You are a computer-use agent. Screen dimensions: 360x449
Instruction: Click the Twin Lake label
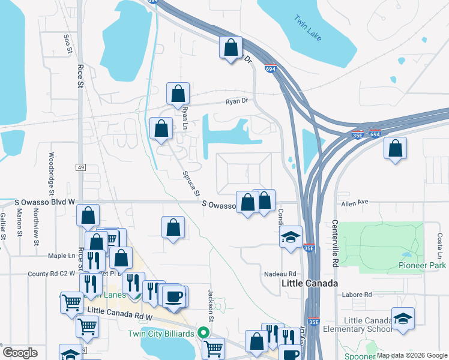(308, 28)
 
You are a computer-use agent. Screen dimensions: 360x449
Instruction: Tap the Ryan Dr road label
(237, 101)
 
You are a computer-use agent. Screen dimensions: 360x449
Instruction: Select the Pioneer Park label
(422, 265)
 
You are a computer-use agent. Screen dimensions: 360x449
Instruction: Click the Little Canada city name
(309, 283)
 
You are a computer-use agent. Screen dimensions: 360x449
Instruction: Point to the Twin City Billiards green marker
(204, 332)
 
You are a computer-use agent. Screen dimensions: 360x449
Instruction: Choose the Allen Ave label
(354, 203)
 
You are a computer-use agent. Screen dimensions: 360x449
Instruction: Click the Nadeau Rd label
(280, 274)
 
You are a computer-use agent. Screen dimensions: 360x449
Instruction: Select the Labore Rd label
(357, 295)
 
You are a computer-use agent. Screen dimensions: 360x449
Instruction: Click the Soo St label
(67, 45)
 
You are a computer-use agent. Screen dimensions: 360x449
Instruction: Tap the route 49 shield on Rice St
(80, 167)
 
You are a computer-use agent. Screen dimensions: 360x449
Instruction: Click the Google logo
(20, 352)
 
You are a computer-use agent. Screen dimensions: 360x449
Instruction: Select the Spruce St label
(190, 184)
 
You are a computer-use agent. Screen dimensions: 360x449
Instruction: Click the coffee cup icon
(175, 297)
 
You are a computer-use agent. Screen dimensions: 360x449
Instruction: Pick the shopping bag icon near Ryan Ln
(178, 94)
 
